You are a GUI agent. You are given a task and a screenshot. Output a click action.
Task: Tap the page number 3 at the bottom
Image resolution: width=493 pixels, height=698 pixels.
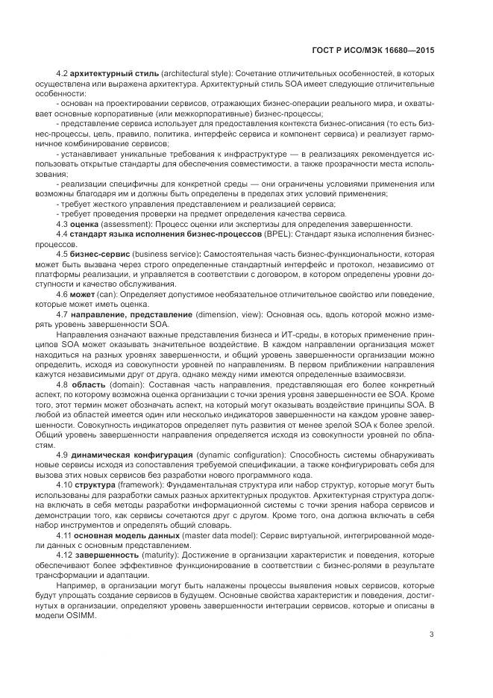click(x=432, y=635)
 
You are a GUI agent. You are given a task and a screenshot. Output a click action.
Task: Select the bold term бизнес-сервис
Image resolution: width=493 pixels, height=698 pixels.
click(x=101, y=254)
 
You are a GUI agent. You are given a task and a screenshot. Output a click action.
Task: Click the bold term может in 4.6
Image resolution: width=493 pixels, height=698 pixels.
click(x=82, y=294)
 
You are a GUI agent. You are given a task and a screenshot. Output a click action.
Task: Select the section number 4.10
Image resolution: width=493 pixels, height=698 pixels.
click(x=64, y=484)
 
